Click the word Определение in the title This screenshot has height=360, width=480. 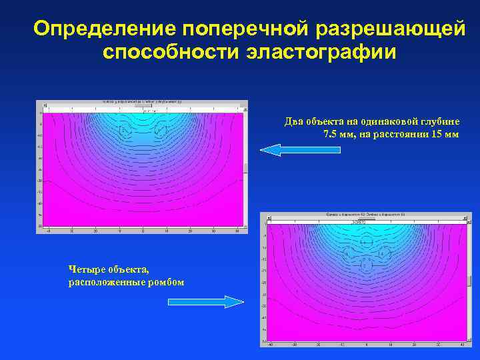(103, 28)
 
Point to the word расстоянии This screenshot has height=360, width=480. (407, 134)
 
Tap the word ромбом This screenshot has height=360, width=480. (166, 282)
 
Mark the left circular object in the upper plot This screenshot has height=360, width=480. (125, 131)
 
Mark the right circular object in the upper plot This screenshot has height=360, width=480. (161, 131)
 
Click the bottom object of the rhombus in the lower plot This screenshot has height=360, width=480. (366, 265)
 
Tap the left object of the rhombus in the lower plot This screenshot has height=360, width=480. (348, 253)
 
